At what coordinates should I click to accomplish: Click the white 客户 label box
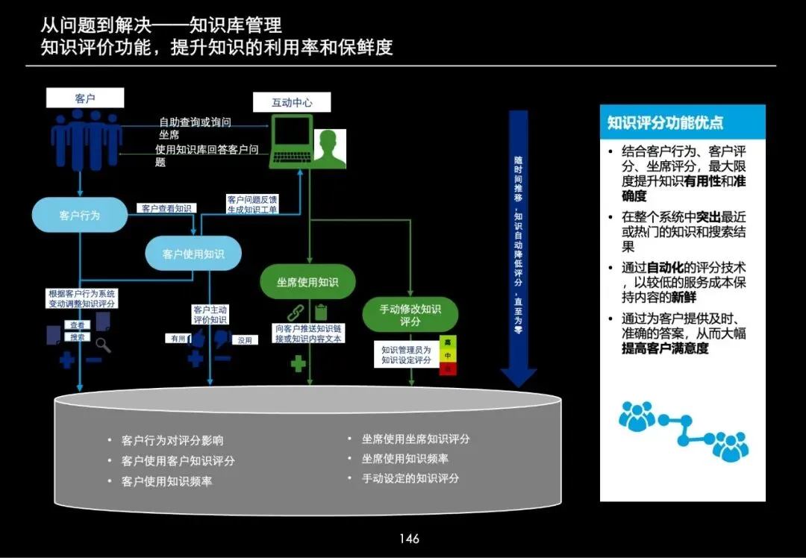[x=85, y=98]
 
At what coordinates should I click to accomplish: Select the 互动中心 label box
[x=292, y=103]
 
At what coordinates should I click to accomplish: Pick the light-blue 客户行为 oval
[x=79, y=215]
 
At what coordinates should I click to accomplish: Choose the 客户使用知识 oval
[x=193, y=254]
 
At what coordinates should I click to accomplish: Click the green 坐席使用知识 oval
[x=307, y=282]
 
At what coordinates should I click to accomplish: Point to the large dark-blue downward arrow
[x=518, y=246]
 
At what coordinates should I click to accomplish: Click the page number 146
[x=409, y=539]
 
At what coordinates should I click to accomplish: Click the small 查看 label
[x=77, y=325]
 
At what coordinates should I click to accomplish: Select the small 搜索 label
[x=77, y=337]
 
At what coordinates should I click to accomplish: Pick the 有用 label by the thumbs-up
[x=177, y=339]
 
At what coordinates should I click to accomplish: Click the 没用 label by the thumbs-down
[x=245, y=340]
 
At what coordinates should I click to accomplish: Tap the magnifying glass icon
[x=103, y=345]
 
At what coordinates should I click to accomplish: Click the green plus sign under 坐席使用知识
[x=299, y=364]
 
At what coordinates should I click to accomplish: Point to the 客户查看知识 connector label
[x=166, y=209]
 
